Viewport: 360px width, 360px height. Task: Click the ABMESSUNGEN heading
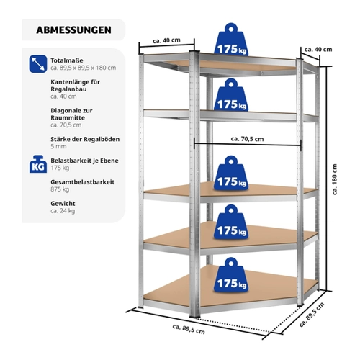pos(73,30)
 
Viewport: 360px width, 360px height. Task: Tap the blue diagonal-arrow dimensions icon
pos(38,64)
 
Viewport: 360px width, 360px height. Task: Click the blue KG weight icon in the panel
pos(38,164)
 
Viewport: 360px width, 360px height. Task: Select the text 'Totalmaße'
pos(67,60)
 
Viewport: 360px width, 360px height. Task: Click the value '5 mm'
pos(58,146)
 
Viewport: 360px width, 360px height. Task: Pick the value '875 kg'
pos(60,189)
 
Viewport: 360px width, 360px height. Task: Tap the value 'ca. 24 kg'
pos(63,211)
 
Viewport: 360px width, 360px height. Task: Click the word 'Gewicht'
pos(63,204)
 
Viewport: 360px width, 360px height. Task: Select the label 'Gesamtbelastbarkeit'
pos(82,182)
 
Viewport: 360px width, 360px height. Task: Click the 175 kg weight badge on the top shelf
pos(231,40)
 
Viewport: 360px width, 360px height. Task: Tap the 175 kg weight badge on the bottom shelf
pos(231,274)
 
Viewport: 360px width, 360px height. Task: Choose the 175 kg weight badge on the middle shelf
pos(231,173)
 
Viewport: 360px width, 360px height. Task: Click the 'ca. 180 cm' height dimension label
pos(335,179)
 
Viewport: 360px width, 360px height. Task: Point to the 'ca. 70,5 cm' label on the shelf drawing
pos(247,139)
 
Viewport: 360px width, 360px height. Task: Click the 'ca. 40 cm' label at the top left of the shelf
pos(166,40)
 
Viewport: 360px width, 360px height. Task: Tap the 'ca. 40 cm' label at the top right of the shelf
pos(318,50)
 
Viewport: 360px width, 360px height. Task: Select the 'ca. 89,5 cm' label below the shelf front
pos(189,329)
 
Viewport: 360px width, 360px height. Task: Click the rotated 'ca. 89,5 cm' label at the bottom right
pos(312,315)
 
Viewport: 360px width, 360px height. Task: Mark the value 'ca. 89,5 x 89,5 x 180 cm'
pos(84,68)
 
